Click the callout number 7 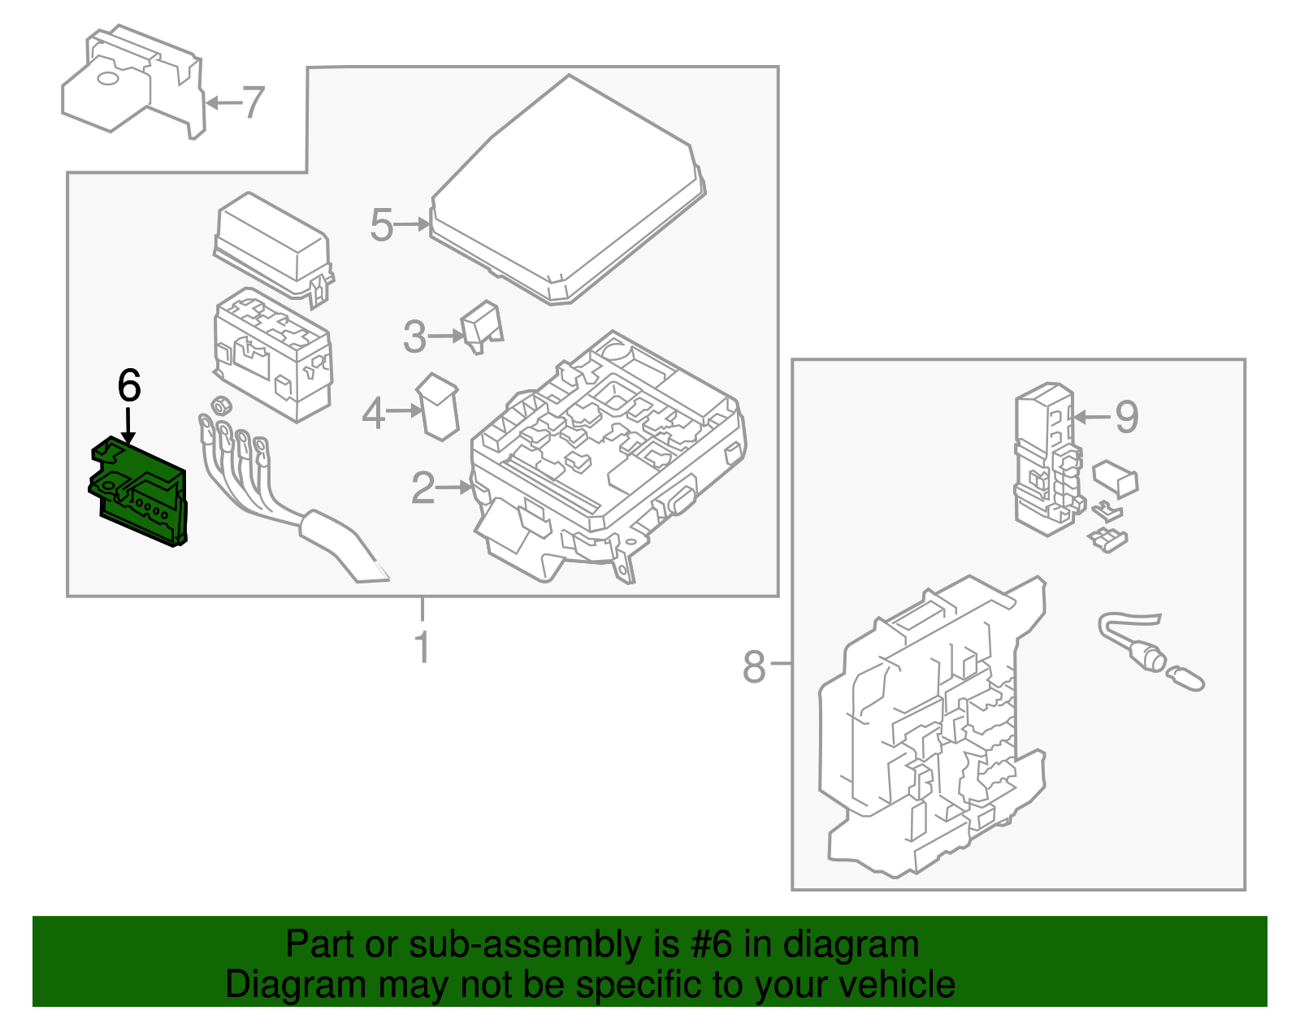click(x=254, y=102)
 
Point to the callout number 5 click(x=381, y=225)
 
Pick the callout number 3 click(x=414, y=336)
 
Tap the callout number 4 click(x=373, y=413)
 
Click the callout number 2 click(x=422, y=488)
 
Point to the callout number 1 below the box click(x=422, y=648)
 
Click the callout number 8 click(x=754, y=666)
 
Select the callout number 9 click(x=1126, y=417)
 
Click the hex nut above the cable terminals click(x=219, y=405)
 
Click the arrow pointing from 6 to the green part click(x=128, y=426)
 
